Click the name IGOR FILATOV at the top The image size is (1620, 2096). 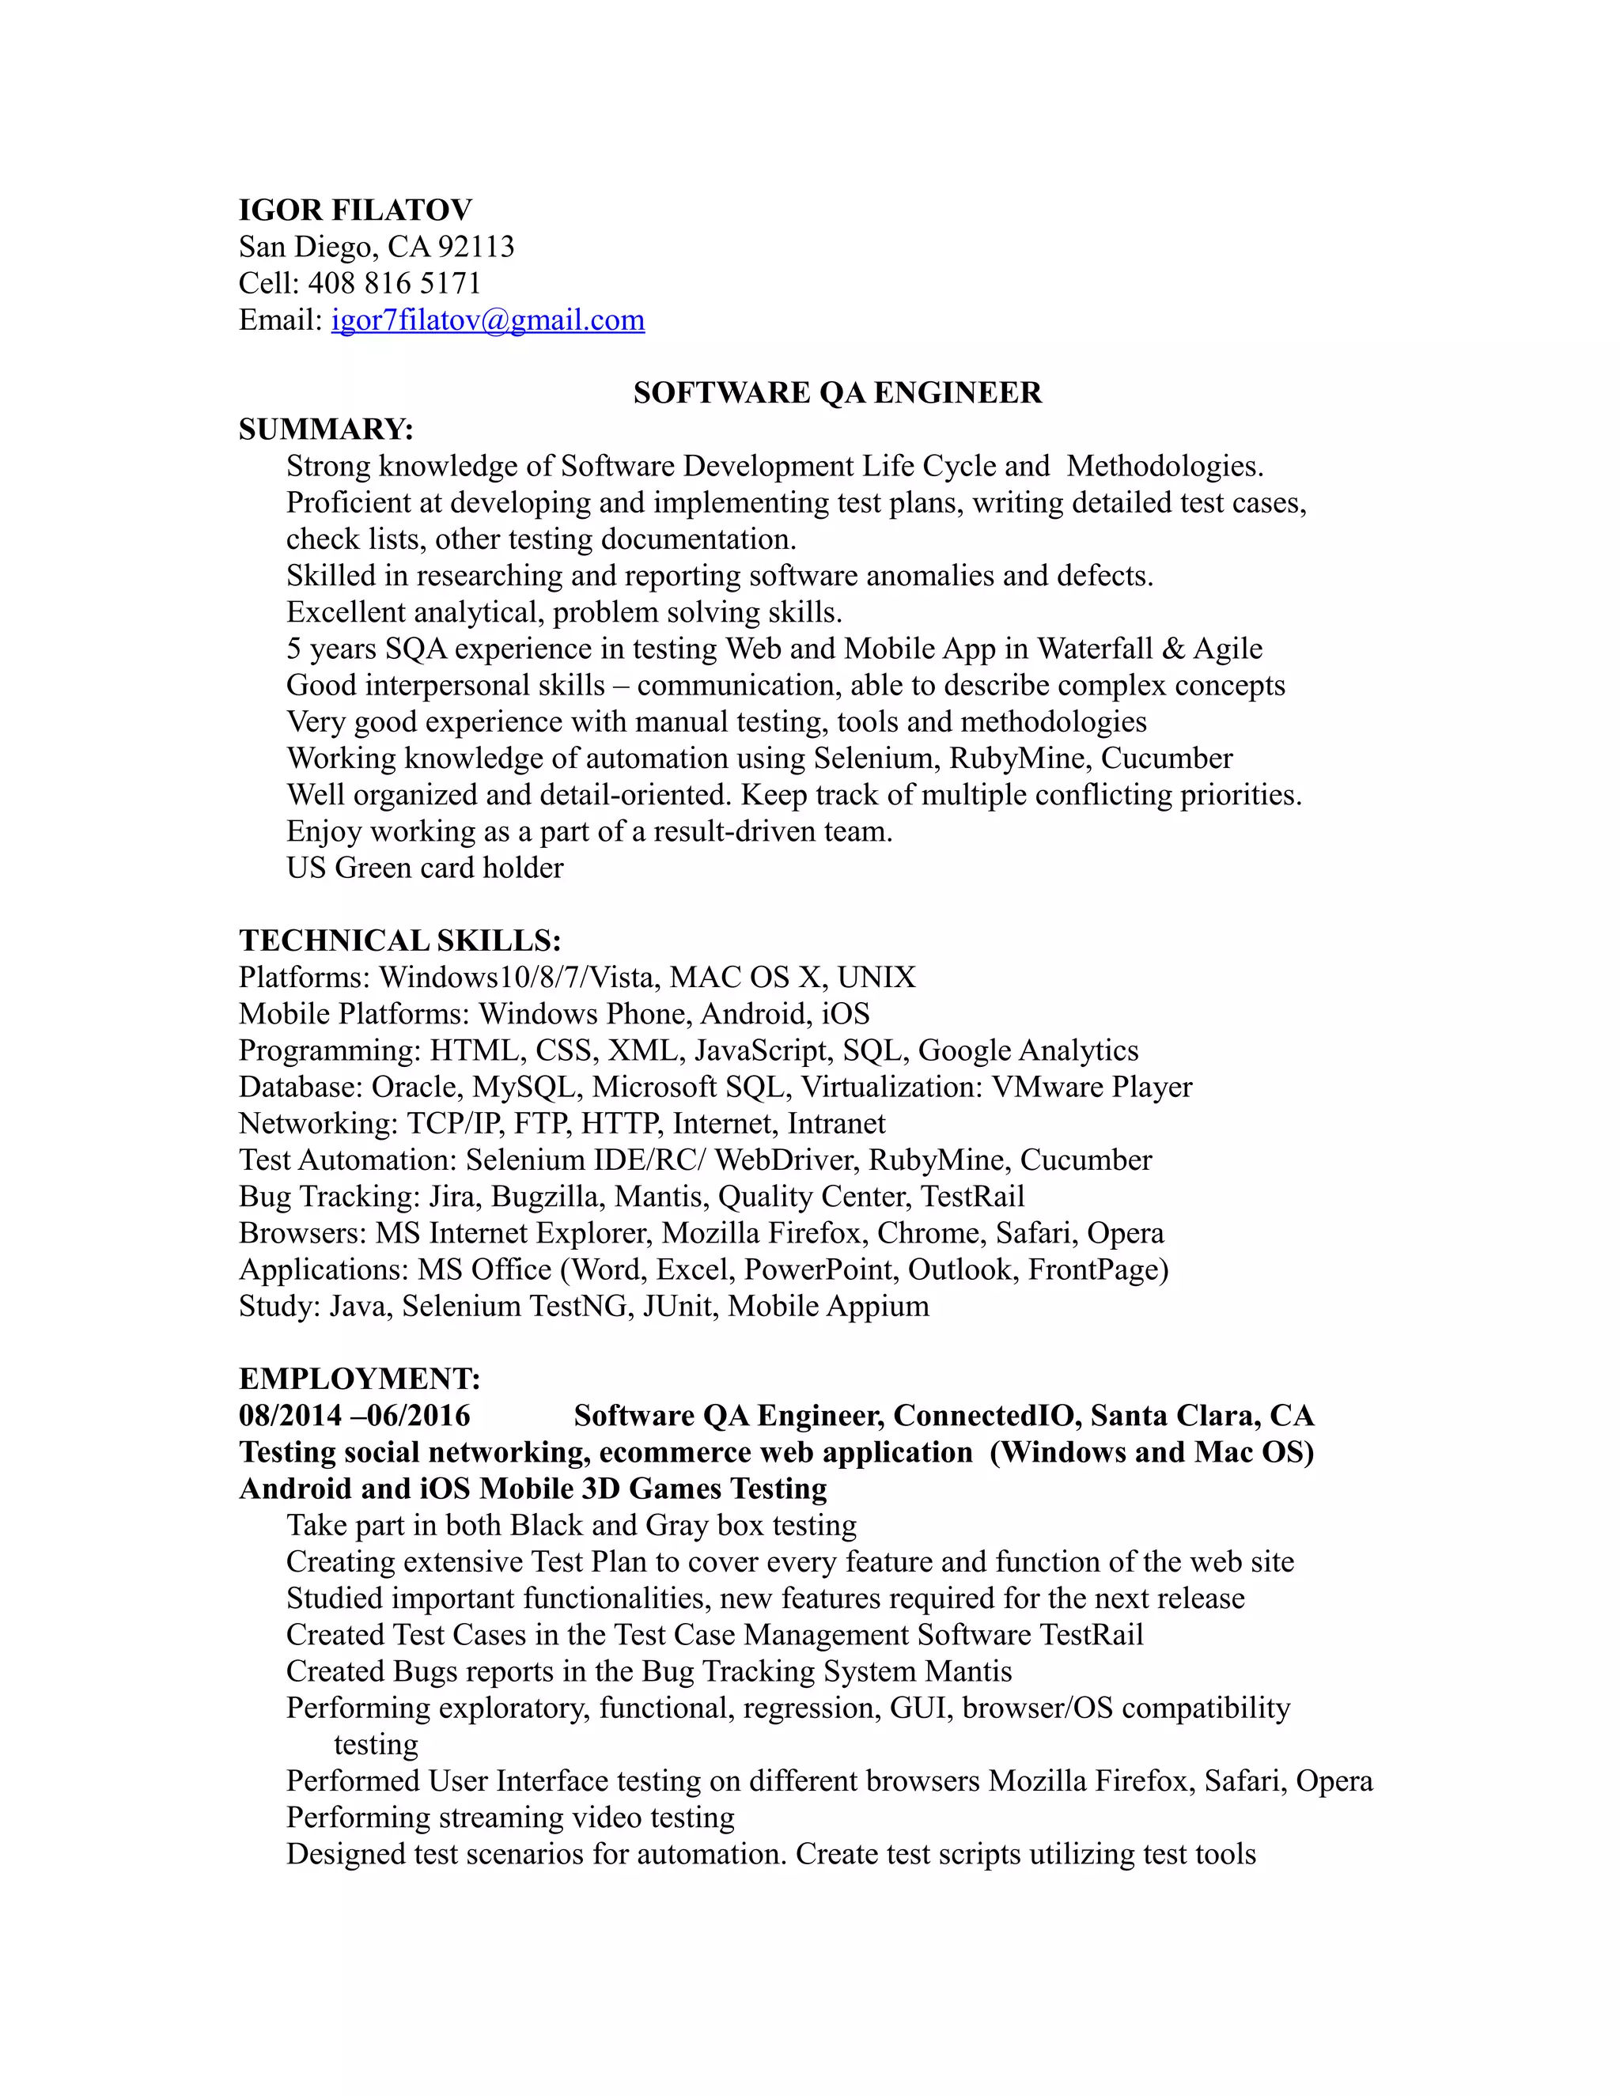355,210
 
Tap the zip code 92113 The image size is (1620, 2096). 476,247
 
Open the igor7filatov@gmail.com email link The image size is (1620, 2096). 487,320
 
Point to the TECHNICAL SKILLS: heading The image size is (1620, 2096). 399,940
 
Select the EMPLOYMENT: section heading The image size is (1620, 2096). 359,1379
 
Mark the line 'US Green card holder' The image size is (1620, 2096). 424,868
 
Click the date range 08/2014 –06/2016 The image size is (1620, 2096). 354,1416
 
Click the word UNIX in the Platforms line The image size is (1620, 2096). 876,977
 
